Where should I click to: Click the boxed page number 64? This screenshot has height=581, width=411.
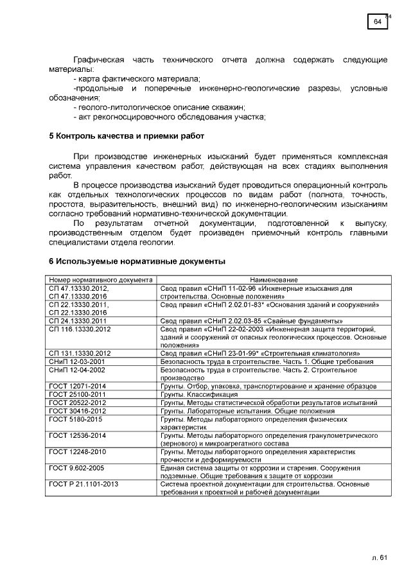pos(378,22)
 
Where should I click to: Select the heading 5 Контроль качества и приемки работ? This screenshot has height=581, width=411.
pos(127,136)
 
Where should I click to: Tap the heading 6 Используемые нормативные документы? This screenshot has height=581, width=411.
pos(137,262)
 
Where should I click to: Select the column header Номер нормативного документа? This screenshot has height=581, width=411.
pos(101,280)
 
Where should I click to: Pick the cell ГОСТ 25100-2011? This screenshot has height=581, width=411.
pos(76,394)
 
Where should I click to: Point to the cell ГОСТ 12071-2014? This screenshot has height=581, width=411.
pos(76,386)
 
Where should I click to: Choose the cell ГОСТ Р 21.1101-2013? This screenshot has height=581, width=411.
pos(83,484)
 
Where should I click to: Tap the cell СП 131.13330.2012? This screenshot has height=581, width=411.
pos(80,353)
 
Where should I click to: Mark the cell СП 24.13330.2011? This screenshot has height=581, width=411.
pos(78,320)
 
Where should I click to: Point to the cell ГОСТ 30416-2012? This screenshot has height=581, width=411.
pos(76,410)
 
